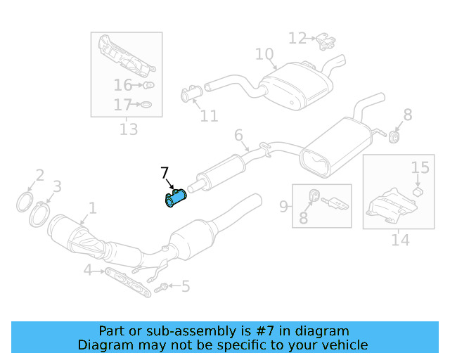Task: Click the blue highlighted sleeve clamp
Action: pyautogui.click(x=174, y=199)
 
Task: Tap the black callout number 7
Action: pyautogui.click(x=165, y=173)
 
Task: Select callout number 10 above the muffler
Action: pyautogui.click(x=264, y=54)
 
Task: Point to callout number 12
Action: pyautogui.click(x=297, y=38)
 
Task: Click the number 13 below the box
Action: pyautogui.click(x=129, y=129)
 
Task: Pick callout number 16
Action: pyautogui.click(x=123, y=85)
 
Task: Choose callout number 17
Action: pyautogui.click(x=123, y=105)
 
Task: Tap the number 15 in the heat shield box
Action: pyautogui.click(x=420, y=167)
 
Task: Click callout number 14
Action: pyautogui.click(x=399, y=240)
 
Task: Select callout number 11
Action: pyautogui.click(x=209, y=116)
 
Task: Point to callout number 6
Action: pyautogui.click(x=238, y=135)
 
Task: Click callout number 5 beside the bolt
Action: pyautogui.click(x=185, y=286)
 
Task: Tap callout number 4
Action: pyautogui.click(x=87, y=269)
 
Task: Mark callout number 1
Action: pyautogui.click(x=91, y=208)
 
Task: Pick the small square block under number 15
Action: pyautogui.click(x=416, y=191)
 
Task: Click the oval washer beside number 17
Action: pyautogui.click(x=144, y=105)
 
